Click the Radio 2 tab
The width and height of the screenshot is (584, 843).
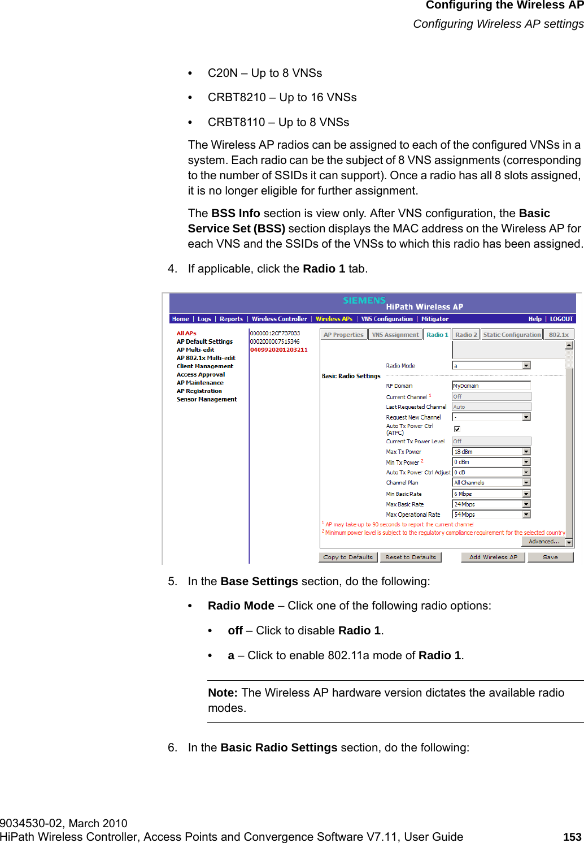click(x=466, y=335)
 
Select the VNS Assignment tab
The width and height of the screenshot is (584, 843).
click(x=395, y=335)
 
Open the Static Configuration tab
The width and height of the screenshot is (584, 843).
click(x=512, y=335)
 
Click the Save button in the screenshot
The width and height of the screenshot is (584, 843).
click(x=550, y=557)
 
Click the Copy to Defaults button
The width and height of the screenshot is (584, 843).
click(x=348, y=557)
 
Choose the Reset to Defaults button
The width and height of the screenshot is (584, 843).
click(x=411, y=557)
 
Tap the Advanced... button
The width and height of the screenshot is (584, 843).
click(x=543, y=541)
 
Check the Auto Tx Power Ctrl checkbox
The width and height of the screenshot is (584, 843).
click(x=457, y=429)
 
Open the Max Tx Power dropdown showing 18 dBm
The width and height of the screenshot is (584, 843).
click(x=491, y=452)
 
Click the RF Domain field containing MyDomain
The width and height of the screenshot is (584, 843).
click(x=491, y=386)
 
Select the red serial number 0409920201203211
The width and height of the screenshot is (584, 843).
click(x=279, y=349)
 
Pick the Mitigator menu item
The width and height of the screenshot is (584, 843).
click(x=435, y=319)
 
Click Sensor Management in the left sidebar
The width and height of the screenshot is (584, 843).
click(x=207, y=399)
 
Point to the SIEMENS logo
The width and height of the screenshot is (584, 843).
click(x=364, y=300)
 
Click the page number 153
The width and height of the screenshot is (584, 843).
click(x=572, y=837)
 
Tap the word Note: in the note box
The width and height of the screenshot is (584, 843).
click(x=223, y=693)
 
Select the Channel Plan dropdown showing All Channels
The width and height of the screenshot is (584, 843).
click(x=491, y=483)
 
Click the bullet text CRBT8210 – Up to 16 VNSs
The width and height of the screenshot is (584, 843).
click(x=282, y=97)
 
